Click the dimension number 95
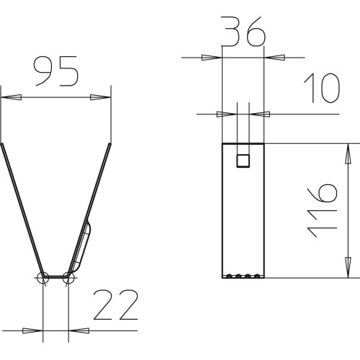click(x=56, y=71)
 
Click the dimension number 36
click(x=243, y=31)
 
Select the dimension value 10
click(x=322, y=88)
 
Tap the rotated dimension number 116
click(x=322, y=210)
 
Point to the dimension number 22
click(x=116, y=305)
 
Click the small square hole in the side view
click(x=243, y=161)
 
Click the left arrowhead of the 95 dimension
click(x=12, y=97)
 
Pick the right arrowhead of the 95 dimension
click(x=101, y=97)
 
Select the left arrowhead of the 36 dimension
click(x=212, y=58)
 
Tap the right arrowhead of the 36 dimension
click(x=274, y=58)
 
